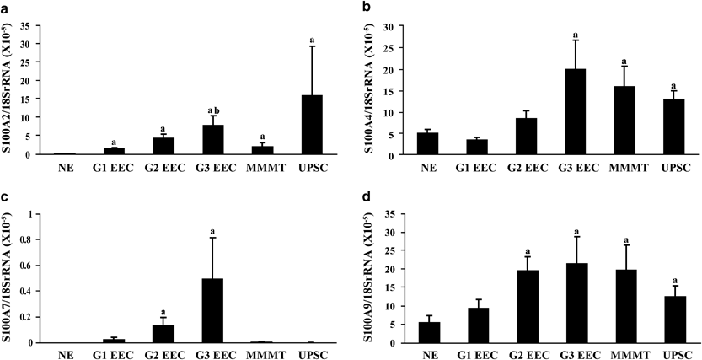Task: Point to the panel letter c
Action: [x=7, y=199]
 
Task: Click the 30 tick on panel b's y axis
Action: [x=410, y=27]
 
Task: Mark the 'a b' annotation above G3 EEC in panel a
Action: [x=215, y=110]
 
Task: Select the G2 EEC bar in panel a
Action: [x=167, y=146]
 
